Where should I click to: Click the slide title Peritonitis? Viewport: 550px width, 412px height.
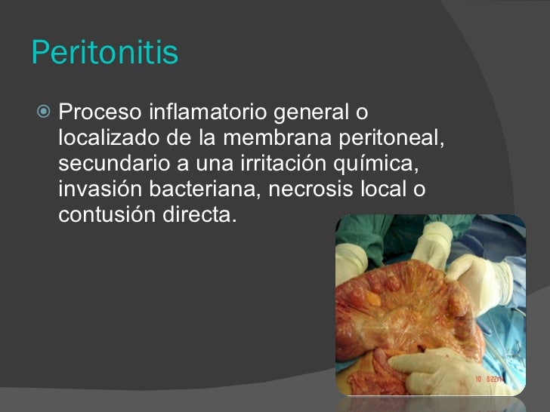[x=105, y=54]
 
